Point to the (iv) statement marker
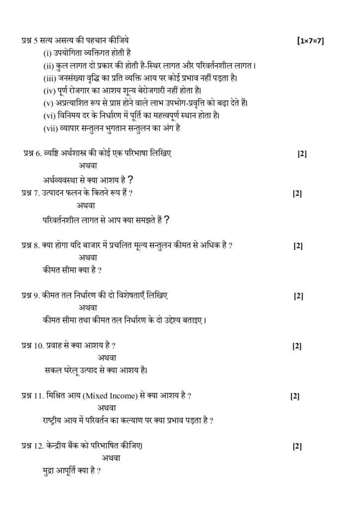(x=50, y=90)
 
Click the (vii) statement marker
(x=51, y=127)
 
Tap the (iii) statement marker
(x=50, y=78)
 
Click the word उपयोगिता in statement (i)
(x=69, y=53)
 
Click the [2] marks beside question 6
(x=302, y=154)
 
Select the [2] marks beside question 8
(x=298, y=246)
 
